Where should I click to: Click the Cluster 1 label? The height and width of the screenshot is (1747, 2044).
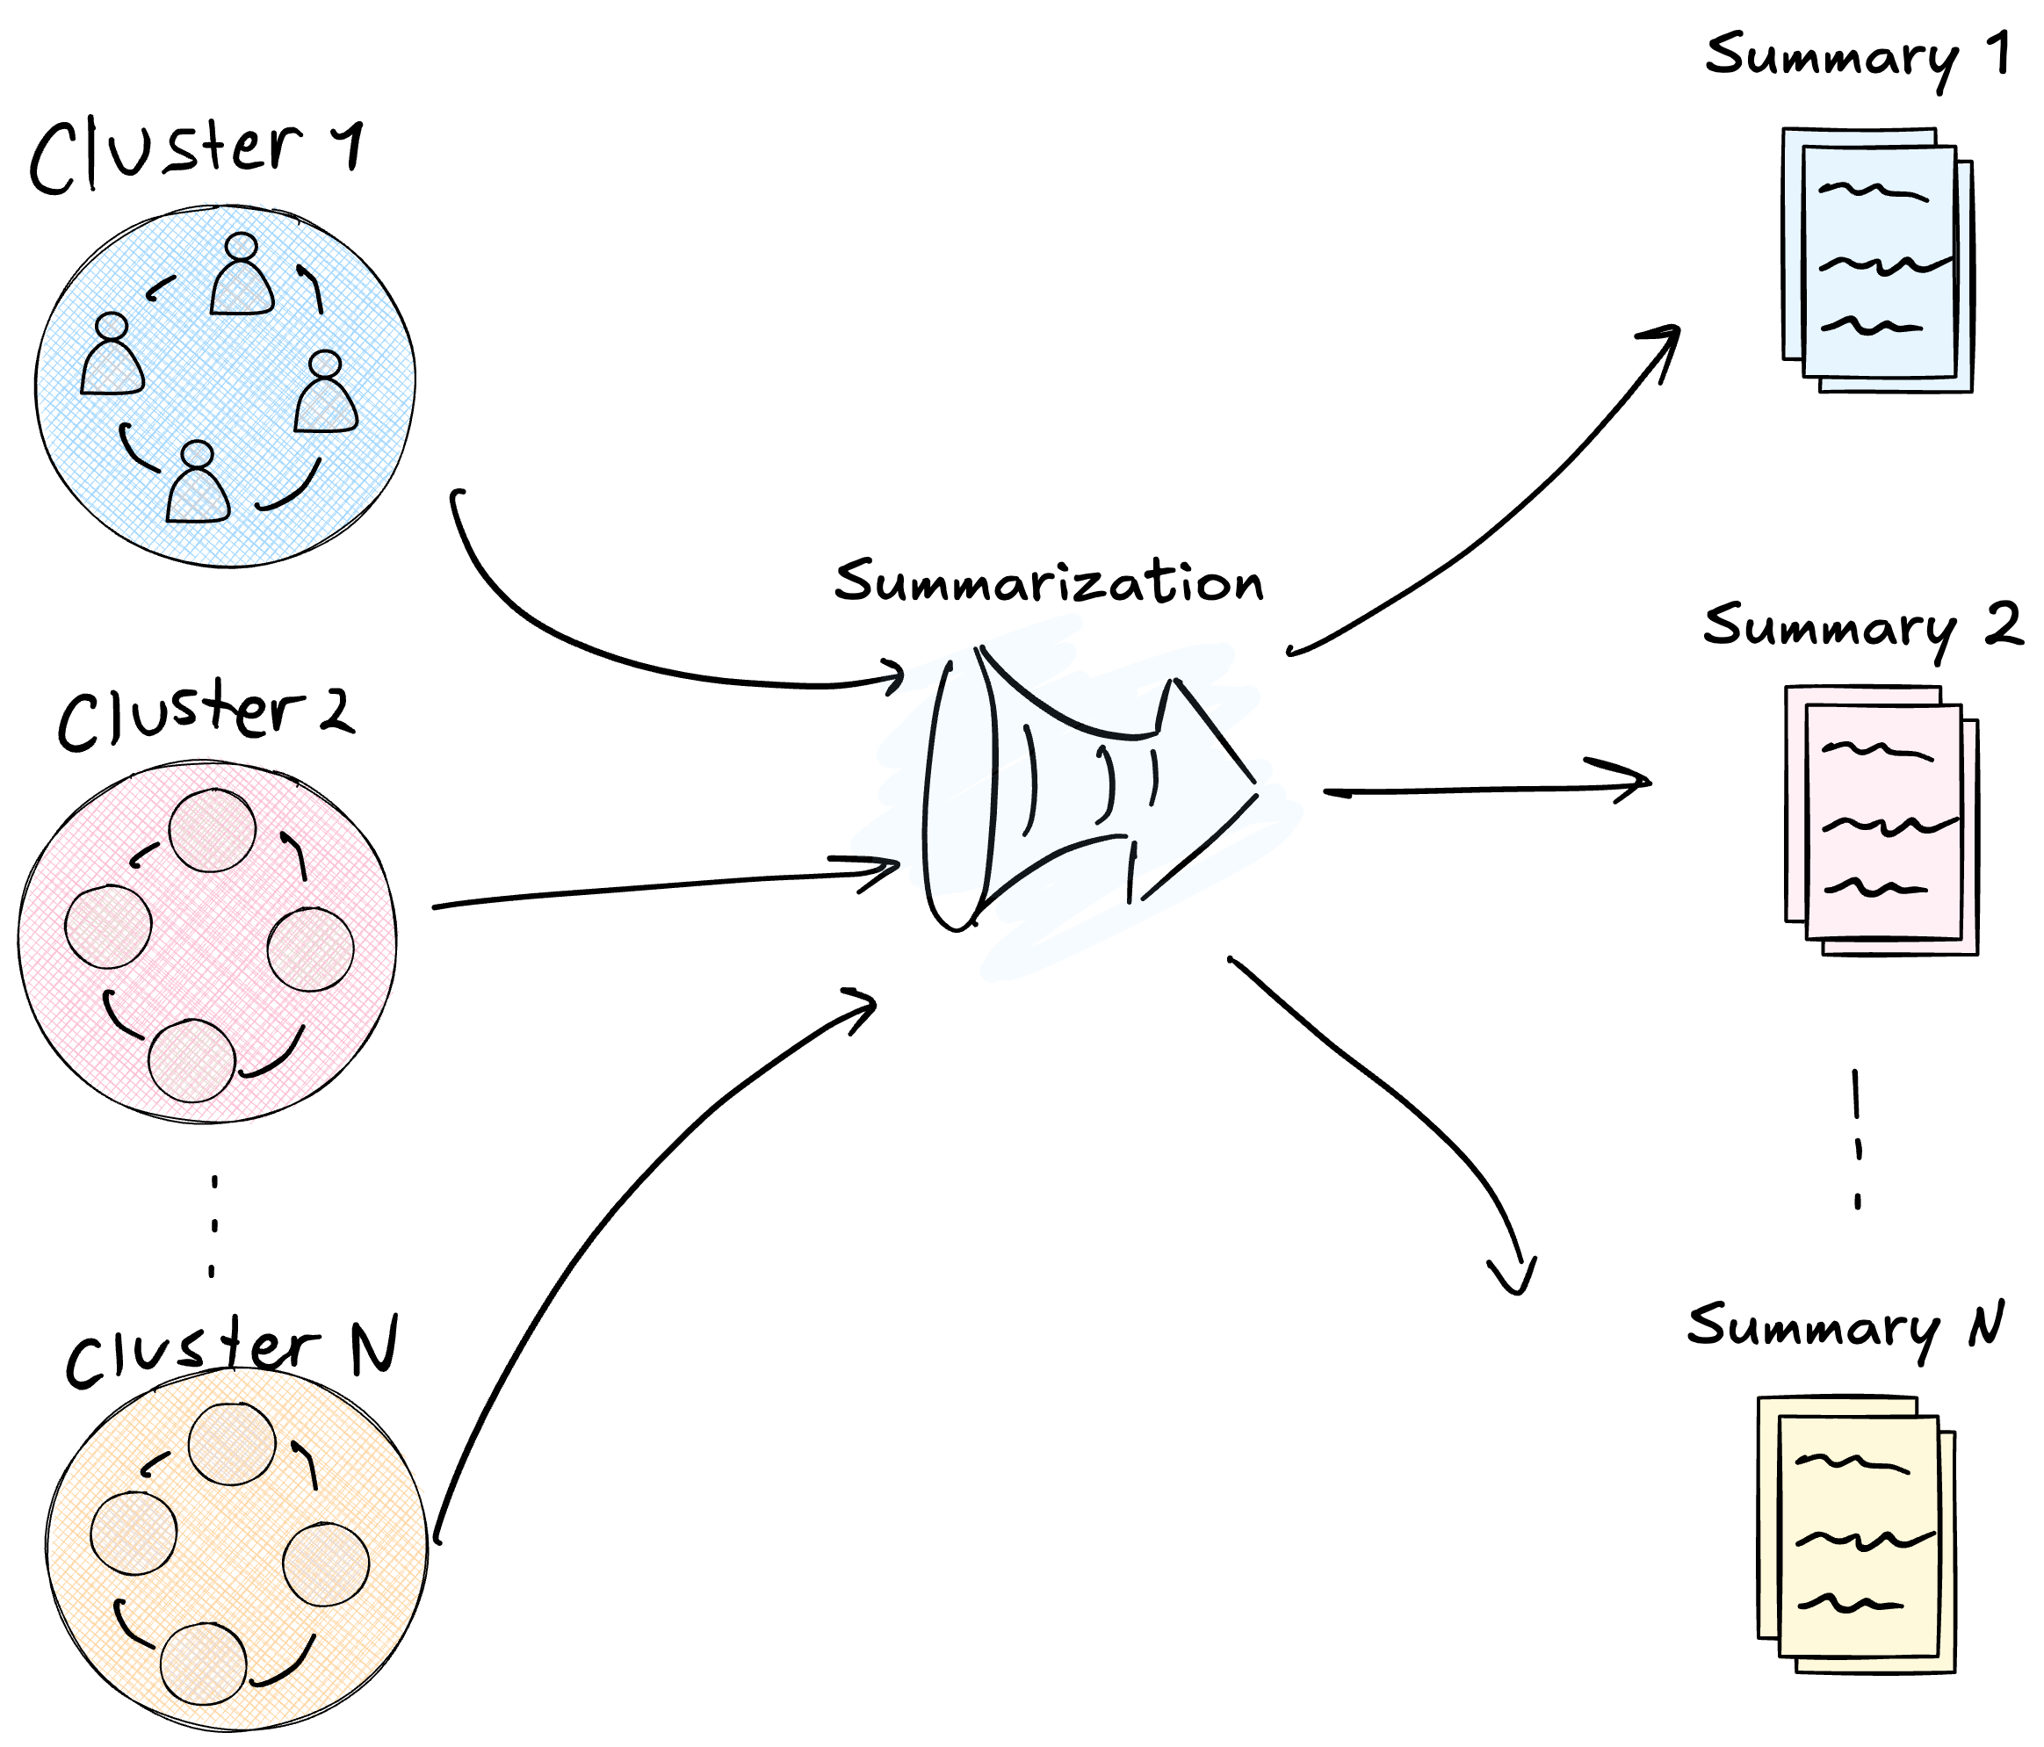[195, 155]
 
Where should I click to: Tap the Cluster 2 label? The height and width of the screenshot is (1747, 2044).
[206, 712]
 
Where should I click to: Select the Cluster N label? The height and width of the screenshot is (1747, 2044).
[232, 1348]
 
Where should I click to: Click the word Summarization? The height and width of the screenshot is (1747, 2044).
[1048, 582]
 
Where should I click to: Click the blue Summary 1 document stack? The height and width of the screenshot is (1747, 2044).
[1877, 262]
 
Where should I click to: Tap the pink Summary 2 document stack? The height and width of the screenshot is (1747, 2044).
[1881, 820]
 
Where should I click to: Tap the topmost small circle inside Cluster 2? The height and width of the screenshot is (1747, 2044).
[212, 831]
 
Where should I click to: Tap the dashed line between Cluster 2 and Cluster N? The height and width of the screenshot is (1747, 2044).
[214, 1225]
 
